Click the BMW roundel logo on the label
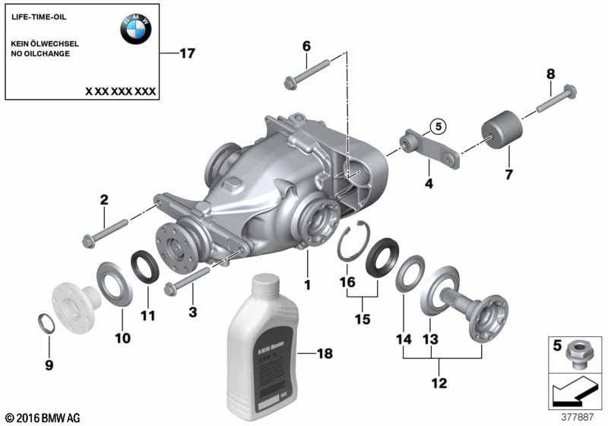(x=136, y=29)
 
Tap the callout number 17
(x=187, y=53)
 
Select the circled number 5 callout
(x=439, y=126)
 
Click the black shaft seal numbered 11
(x=144, y=267)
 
